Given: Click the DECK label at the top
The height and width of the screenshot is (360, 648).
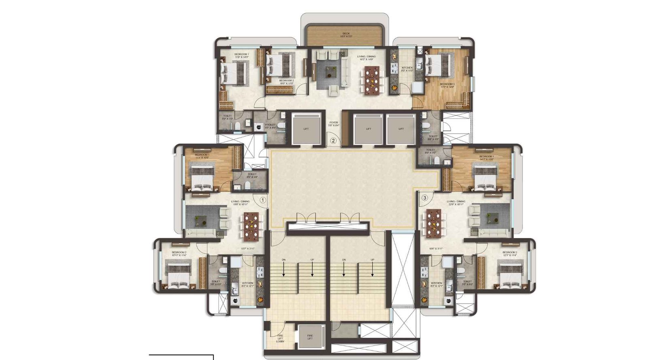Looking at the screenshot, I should tap(346, 34).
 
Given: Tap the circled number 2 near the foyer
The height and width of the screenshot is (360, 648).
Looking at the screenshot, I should tap(333, 141).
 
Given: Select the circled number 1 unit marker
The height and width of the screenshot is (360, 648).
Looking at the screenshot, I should tap(262, 200).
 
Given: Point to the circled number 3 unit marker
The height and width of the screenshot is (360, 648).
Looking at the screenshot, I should tap(424, 198).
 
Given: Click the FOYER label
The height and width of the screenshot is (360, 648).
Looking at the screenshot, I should tap(334, 122).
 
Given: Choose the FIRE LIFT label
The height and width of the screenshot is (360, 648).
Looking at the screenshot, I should tap(310, 337).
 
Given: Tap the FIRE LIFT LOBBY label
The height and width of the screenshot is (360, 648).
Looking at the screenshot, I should tap(280, 338).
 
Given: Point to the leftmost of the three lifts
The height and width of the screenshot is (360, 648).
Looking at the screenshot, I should tap(306, 129).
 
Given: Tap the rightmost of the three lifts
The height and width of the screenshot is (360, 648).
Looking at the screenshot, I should tap(401, 129).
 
